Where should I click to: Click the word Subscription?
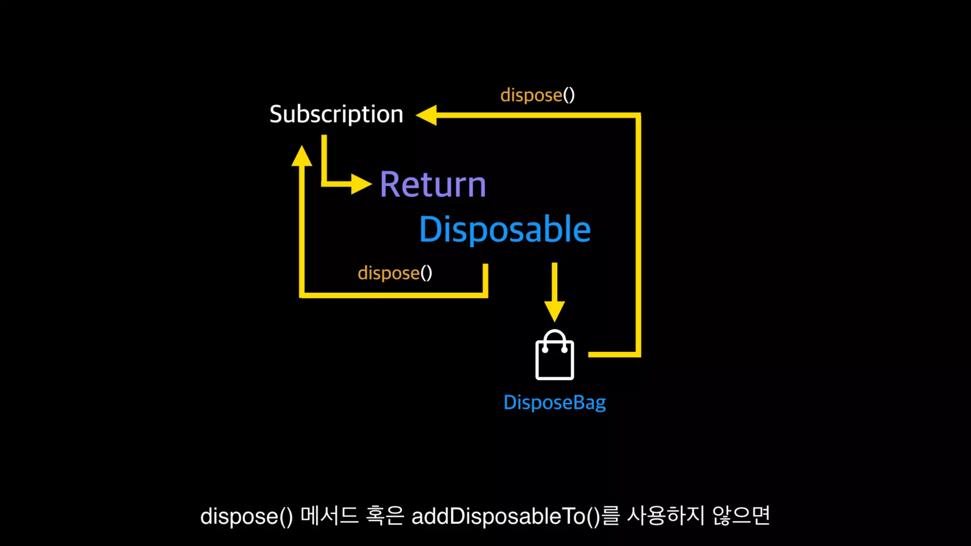click(336, 114)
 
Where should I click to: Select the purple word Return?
click(433, 184)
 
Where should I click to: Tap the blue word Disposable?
click(505, 229)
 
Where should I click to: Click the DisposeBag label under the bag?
click(554, 402)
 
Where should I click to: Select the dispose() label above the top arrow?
click(537, 95)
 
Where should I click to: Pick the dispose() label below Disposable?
click(394, 273)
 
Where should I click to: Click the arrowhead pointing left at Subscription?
click(427, 115)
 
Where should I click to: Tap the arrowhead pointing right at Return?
click(361, 184)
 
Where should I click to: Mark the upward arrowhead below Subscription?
click(302, 156)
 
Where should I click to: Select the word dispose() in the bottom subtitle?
click(247, 516)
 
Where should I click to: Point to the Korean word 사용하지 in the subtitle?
click(666, 516)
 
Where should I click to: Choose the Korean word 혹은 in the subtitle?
click(385, 516)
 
